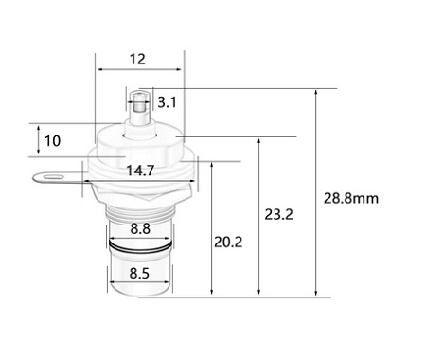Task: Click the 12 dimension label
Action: [x=137, y=60]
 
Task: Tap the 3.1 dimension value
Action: [x=167, y=102]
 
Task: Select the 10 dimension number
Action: [x=52, y=141]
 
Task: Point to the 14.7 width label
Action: [x=140, y=171]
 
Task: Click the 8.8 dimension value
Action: [x=140, y=228]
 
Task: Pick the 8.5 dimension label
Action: [x=139, y=273]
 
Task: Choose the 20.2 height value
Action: [x=228, y=243]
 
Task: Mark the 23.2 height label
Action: [x=278, y=214]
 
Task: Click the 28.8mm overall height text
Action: [x=351, y=198]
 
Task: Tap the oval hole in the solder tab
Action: [x=51, y=176]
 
